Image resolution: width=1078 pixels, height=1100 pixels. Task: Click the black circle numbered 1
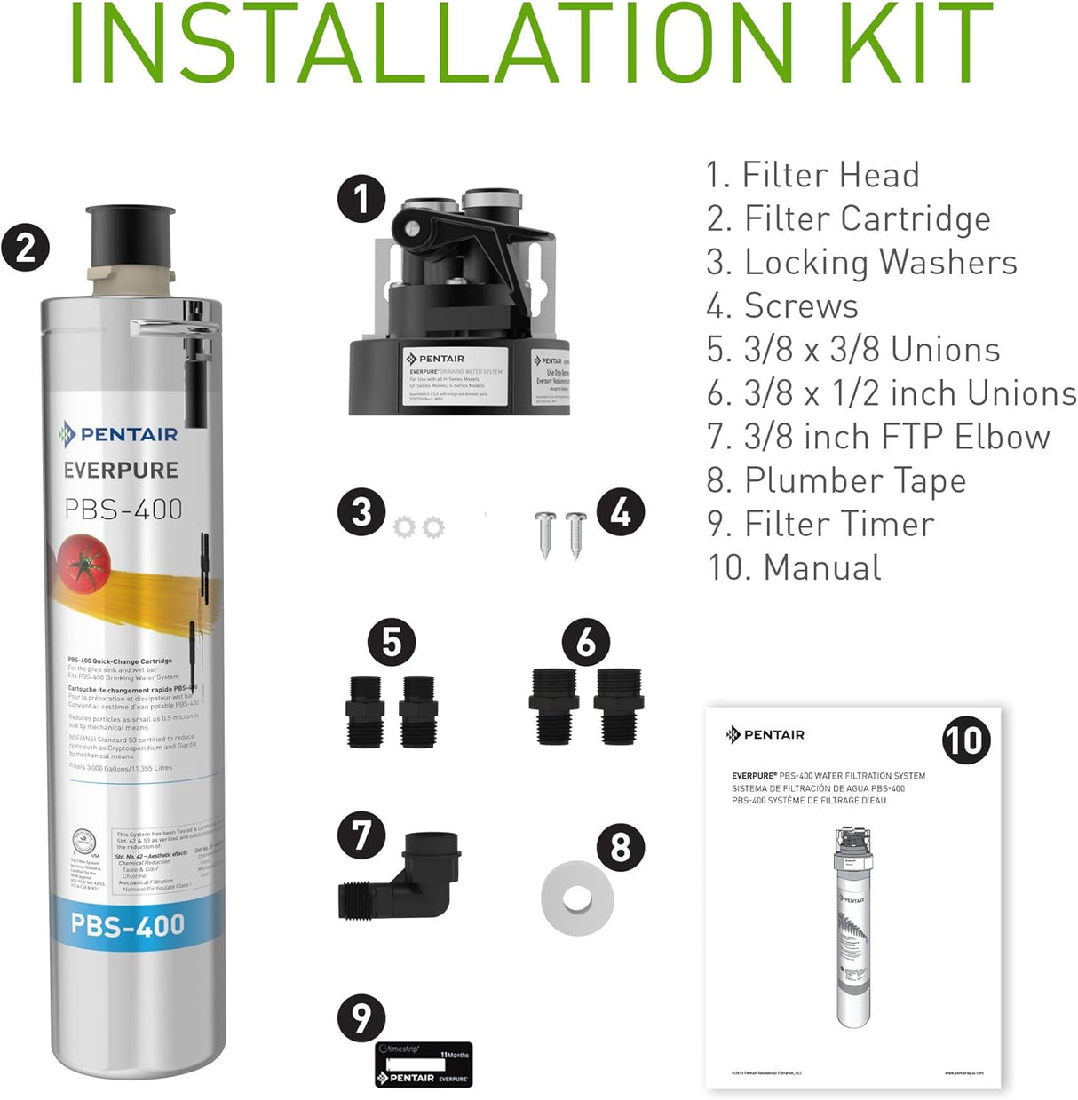[x=361, y=199]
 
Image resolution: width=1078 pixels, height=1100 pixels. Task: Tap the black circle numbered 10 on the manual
[x=965, y=740]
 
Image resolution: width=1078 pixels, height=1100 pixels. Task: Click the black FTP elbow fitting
[x=401, y=876]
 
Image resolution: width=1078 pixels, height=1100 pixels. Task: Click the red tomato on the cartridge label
[x=84, y=562]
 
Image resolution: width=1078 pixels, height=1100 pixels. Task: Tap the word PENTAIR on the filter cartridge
[x=128, y=434]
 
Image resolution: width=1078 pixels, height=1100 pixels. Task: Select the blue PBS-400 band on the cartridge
[x=129, y=925]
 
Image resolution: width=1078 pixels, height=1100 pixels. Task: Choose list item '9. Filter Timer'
[x=820, y=524]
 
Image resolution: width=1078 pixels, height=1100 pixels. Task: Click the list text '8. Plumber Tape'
[x=836, y=480]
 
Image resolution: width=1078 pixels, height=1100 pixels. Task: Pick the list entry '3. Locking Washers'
[x=861, y=262]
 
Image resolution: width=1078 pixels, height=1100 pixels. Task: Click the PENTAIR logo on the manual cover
[x=765, y=734]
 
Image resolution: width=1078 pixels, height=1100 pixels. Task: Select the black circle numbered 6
[x=586, y=642]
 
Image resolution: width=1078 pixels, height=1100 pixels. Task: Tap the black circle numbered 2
[x=25, y=247]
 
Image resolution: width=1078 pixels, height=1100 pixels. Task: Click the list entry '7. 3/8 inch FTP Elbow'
[x=877, y=437]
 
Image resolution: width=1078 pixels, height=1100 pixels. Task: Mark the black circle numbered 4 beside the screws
[x=620, y=511]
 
